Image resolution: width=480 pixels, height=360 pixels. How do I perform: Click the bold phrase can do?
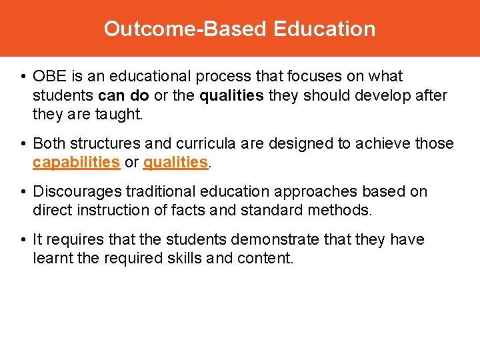124,96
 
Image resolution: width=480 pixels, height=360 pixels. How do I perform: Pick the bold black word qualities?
231,96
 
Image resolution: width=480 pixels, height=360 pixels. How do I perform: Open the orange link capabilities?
76,163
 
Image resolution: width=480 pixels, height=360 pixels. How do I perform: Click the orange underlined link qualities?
176,163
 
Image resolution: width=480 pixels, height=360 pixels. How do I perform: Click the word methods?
347,211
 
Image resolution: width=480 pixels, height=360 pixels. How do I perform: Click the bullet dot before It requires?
23,240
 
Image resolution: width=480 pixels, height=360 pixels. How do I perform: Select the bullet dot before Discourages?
23,192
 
